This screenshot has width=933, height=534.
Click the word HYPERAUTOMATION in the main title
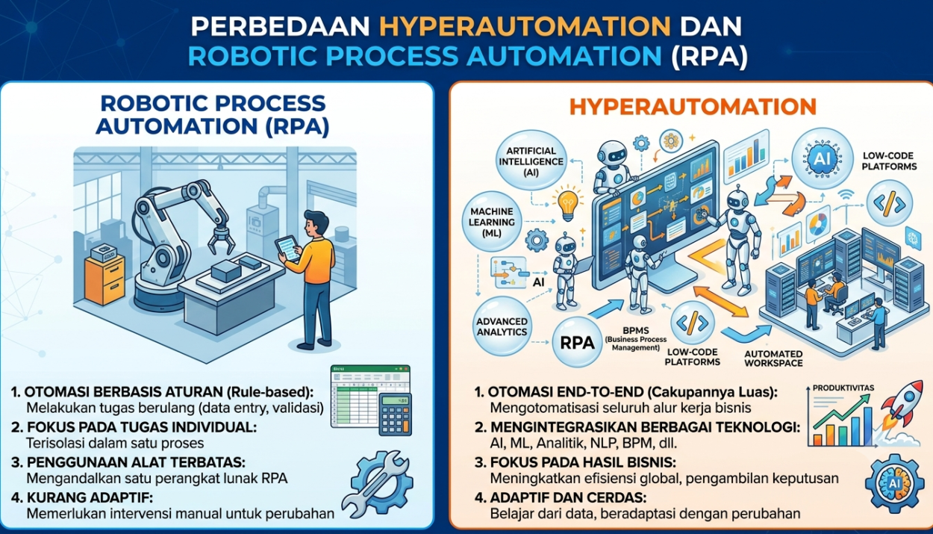click(x=525, y=26)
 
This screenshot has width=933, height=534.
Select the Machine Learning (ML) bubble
click(x=491, y=222)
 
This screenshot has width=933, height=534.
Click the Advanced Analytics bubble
click(x=502, y=327)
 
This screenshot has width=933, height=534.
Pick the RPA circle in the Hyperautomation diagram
click(x=577, y=343)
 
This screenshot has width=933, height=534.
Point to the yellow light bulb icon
click(x=567, y=205)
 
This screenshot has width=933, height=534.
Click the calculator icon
click(x=395, y=415)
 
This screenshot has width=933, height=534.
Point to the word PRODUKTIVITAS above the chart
click(x=843, y=388)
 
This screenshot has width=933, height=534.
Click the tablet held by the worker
click(x=287, y=249)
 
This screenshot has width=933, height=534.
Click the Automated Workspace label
click(x=773, y=358)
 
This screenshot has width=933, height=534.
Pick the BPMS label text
click(x=636, y=331)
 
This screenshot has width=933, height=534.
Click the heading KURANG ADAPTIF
click(x=90, y=497)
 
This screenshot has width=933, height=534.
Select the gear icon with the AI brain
click(x=894, y=483)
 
